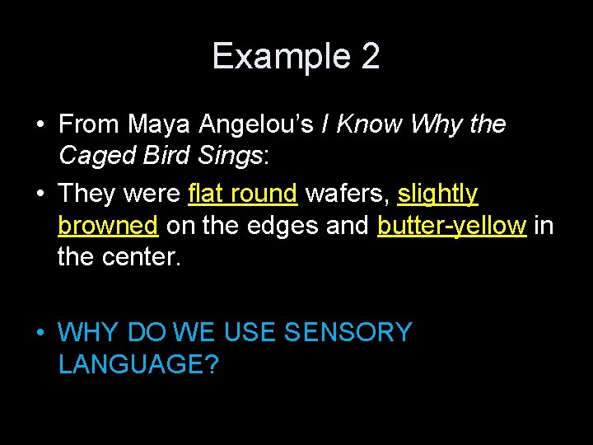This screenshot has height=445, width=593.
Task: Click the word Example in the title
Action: click(280, 56)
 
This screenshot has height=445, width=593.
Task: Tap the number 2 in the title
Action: click(370, 56)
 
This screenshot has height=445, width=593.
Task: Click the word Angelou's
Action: click(256, 124)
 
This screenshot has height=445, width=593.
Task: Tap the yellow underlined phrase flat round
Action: click(242, 194)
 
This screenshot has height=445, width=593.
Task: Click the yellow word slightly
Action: click(437, 194)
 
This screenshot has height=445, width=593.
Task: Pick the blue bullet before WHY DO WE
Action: click(40, 333)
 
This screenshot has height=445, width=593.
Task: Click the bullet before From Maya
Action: click(40, 125)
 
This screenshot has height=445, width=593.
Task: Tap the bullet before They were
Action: click(40, 194)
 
